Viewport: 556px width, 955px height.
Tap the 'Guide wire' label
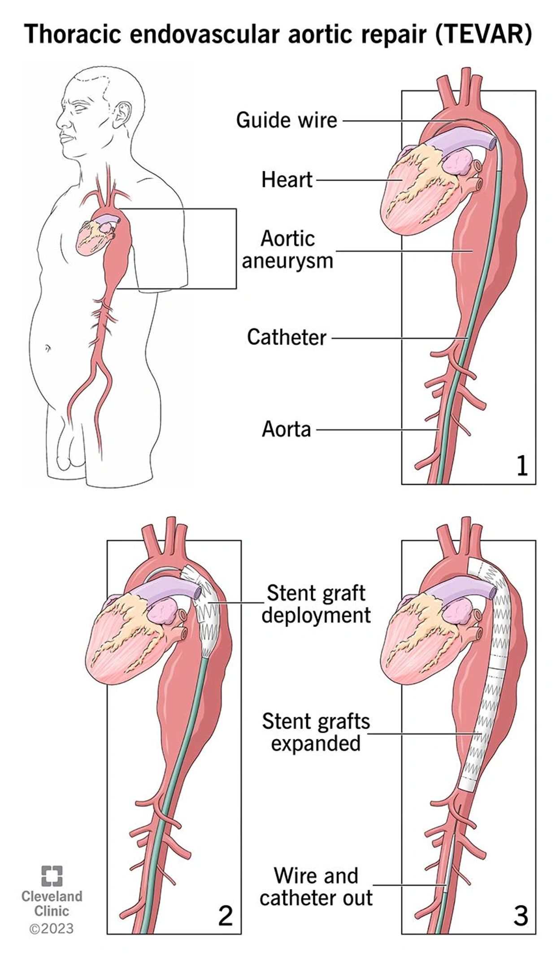(x=287, y=120)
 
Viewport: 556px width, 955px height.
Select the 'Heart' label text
(x=287, y=180)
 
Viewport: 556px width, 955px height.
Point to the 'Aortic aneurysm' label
(x=287, y=250)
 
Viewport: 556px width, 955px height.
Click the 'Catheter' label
(x=287, y=337)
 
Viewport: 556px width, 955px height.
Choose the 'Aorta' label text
(x=287, y=429)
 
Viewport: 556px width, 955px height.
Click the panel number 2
(x=225, y=915)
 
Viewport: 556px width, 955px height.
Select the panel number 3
(x=520, y=915)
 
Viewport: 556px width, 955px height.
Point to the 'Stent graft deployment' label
(x=316, y=604)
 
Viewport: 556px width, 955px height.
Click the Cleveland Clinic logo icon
(x=52, y=876)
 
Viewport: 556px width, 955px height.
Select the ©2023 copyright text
(x=52, y=929)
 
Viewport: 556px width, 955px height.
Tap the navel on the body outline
(x=47, y=348)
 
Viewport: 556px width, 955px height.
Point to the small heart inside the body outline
(x=93, y=237)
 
